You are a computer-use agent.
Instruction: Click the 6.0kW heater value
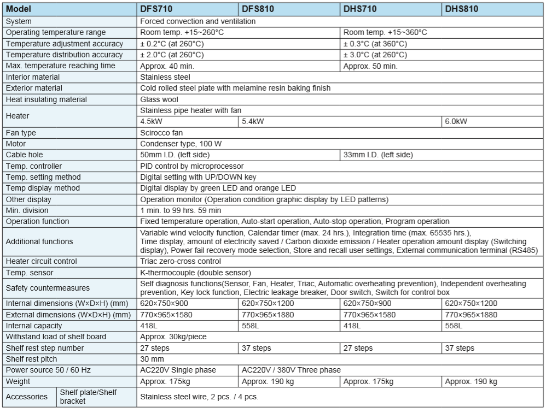coord(456,121)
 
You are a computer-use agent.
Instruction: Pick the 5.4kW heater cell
coord(253,121)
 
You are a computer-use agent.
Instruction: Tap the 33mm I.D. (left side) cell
coord(378,155)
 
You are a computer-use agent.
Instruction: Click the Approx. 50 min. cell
coord(370,66)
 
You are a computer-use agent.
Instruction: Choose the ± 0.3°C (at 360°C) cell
coord(375,44)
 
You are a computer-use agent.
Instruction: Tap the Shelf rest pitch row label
coord(31,359)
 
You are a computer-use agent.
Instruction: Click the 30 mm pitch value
coord(152,359)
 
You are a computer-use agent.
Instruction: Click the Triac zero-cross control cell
coord(181,261)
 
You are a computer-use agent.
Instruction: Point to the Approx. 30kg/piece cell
coord(173,337)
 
